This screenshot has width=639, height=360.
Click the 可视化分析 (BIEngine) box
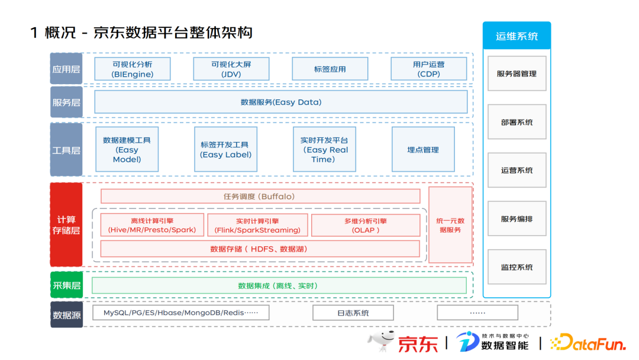coord(133,69)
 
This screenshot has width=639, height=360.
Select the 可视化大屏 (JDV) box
coord(231,69)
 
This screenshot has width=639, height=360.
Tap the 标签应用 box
coord(330,69)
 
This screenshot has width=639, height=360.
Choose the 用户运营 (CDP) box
coord(428,69)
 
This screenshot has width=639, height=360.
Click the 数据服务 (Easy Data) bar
coord(281,102)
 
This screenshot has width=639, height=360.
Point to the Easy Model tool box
coord(127,150)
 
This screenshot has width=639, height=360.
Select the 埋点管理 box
coord(422,150)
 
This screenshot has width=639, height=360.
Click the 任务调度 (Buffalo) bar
coord(260,196)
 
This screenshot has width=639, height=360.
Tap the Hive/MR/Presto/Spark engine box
coord(152,225)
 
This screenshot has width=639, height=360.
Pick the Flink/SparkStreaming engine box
coord(257,225)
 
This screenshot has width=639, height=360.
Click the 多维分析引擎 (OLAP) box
coord(365,225)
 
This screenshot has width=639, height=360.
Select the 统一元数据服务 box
coord(450,225)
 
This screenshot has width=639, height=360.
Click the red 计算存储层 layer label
coord(66,225)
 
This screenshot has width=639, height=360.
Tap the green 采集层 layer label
coord(66,285)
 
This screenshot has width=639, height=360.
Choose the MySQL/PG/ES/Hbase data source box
coord(180,313)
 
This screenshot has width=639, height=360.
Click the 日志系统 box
coord(353,313)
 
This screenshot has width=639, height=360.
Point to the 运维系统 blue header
coord(517,36)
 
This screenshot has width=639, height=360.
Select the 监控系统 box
coord(517,267)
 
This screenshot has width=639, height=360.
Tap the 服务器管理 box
coord(517,74)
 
